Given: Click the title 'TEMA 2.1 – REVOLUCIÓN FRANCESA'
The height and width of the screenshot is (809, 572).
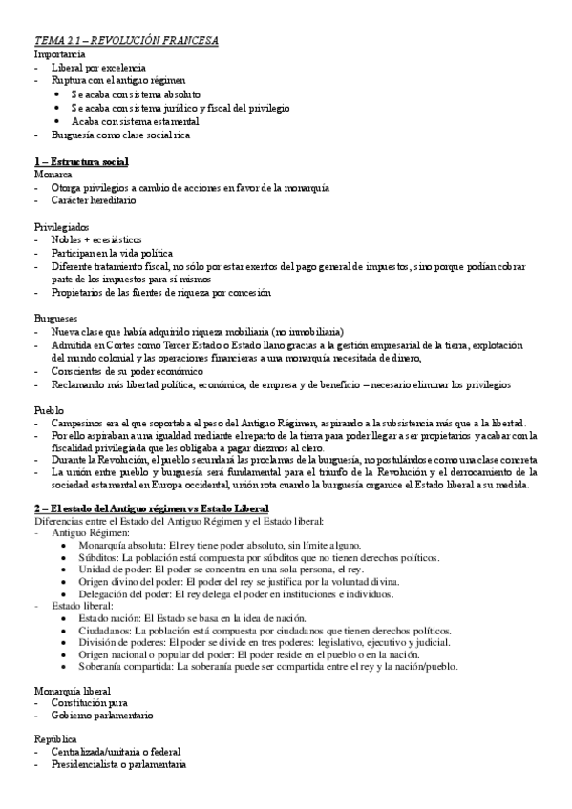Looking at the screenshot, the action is point(127,41).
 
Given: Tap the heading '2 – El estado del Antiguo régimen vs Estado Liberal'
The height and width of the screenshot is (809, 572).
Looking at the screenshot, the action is point(152,508).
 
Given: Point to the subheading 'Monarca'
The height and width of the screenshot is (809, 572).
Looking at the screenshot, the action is point(53,176).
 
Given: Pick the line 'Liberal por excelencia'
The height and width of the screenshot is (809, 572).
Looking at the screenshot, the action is point(99,69).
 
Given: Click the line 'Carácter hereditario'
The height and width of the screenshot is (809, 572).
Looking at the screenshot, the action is point(95,201).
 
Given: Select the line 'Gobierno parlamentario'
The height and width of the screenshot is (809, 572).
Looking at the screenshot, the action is point(103,715).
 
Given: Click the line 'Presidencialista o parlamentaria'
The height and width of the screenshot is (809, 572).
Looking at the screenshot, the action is point(119,766).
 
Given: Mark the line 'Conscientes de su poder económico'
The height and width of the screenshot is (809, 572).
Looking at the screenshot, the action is point(127,370).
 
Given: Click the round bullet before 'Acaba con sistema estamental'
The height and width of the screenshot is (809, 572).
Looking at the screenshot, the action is point(58,122).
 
